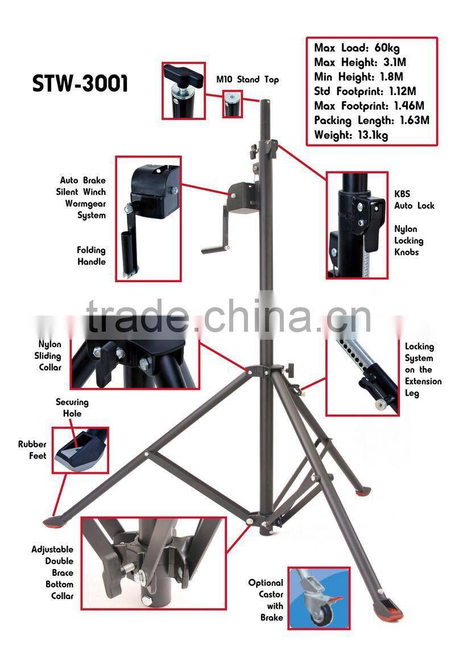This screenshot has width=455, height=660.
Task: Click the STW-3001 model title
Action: point(80,83)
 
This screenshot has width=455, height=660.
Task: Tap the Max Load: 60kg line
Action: point(357,48)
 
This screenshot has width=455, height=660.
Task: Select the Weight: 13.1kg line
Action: point(351,135)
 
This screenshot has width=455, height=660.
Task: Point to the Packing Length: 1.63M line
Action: point(371,121)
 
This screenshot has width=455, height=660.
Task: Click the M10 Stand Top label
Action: point(247,80)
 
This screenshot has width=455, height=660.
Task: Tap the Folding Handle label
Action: point(91,256)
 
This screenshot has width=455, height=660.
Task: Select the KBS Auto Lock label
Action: point(414,199)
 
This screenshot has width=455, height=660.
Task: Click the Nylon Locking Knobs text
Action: point(409,240)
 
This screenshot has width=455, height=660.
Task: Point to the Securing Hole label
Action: point(72,407)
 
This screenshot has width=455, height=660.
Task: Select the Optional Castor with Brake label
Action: point(266,600)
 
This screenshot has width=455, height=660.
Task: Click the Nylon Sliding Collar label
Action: point(49,356)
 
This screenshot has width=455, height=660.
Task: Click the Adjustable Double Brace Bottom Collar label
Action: point(52,572)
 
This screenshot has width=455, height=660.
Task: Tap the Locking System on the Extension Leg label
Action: point(423,370)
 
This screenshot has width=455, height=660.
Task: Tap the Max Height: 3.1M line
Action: point(359,62)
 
